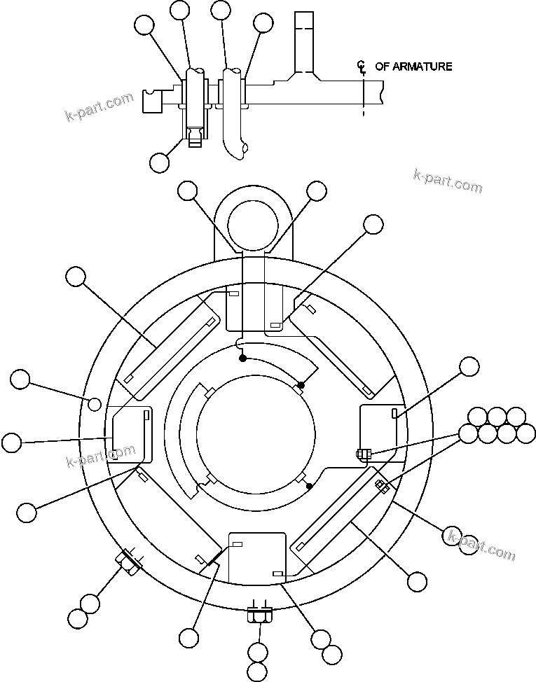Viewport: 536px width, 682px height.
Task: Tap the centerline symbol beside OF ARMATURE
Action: pyautogui.click(x=362, y=67)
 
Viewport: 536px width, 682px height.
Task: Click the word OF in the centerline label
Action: pyautogui.click(x=382, y=67)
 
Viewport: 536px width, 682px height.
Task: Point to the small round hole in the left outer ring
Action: pyautogui.click(x=94, y=403)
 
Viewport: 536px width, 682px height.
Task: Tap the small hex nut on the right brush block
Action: pyautogui.click(x=362, y=454)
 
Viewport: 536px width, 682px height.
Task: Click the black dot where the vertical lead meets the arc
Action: pyautogui.click(x=242, y=358)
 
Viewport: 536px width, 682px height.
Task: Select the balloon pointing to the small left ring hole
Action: pyautogui.click(x=20, y=380)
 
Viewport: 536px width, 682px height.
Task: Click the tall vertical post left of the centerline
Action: pyautogui.click(x=303, y=42)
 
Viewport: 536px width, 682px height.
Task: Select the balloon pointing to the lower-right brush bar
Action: pyautogui.click(x=417, y=580)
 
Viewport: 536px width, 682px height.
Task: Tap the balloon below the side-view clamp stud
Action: pyautogui.click(x=159, y=162)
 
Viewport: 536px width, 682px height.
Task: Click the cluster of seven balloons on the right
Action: pyautogui.click(x=497, y=425)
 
